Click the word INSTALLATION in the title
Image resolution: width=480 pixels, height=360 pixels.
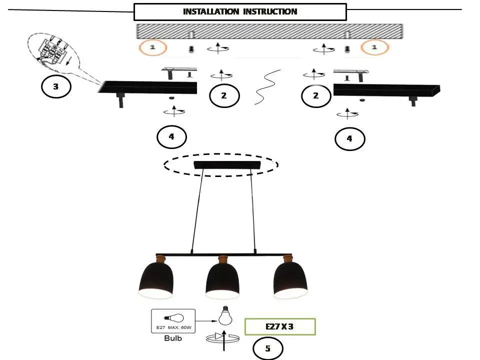pyautogui.click(x=211, y=11)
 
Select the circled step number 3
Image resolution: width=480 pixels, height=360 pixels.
pyautogui.click(x=56, y=86)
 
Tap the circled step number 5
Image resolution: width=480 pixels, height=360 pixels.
pyautogui.click(x=268, y=348)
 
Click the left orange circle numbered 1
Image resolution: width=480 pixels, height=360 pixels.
pyautogui.click(x=153, y=47)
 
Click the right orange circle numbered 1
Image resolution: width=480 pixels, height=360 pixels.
pyautogui.click(x=374, y=47)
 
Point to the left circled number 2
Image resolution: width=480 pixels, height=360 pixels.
pyautogui.click(x=224, y=95)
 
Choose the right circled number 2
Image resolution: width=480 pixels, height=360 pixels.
pyautogui.click(x=316, y=95)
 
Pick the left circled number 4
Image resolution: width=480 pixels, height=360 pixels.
pyautogui.click(x=171, y=136)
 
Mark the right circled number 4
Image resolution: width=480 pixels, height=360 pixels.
pyautogui.click(x=350, y=138)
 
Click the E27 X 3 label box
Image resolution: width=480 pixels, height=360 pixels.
pyautogui.click(x=280, y=326)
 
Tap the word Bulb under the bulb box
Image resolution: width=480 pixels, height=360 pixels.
pyautogui.click(x=173, y=338)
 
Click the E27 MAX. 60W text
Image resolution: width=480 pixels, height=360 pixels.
pyautogui.click(x=173, y=327)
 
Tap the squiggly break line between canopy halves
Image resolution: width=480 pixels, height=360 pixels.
pyautogui.click(x=267, y=87)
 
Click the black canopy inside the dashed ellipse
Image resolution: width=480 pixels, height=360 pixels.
pyautogui.click(x=227, y=165)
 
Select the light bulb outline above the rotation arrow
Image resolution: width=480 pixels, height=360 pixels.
pyautogui.click(x=225, y=315)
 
